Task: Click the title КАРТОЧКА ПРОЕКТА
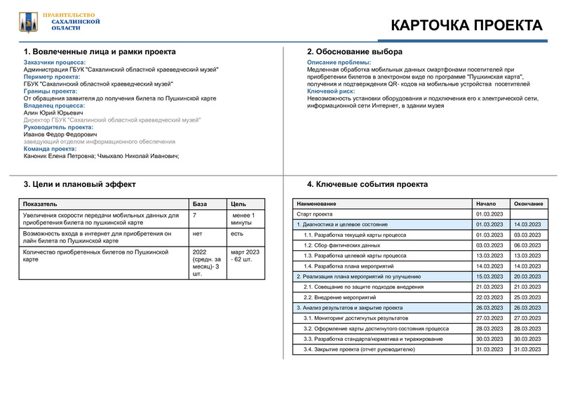pos(466,25)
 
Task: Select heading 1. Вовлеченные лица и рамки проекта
pos(100,52)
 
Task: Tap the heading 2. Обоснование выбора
pos(355,52)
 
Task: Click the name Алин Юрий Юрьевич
pos(53,112)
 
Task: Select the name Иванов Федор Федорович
pos(60,134)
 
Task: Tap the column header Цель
pos(238,204)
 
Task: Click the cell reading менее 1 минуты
pos(243,219)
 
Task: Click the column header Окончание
pos(529,204)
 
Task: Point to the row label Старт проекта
pos(314,214)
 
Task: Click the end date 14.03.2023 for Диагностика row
pos(527,224)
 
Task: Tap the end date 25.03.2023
pos(527,297)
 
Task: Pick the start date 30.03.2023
pos(489,339)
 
